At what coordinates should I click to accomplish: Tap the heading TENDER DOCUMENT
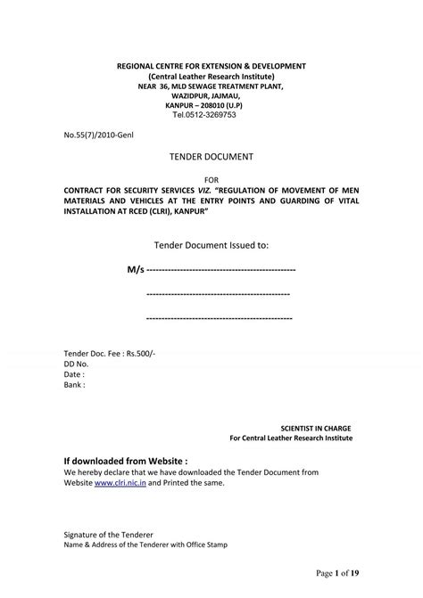tap(211, 157)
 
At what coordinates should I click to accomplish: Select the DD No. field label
tap(76, 365)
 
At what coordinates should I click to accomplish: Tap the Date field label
tap(74, 375)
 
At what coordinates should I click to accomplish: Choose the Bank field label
tap(75, 385)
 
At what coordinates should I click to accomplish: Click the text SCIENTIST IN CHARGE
tap(316, 428)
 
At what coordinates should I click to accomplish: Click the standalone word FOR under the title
tap(211, 179)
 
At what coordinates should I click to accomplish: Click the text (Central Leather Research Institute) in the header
tap(211, 76)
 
